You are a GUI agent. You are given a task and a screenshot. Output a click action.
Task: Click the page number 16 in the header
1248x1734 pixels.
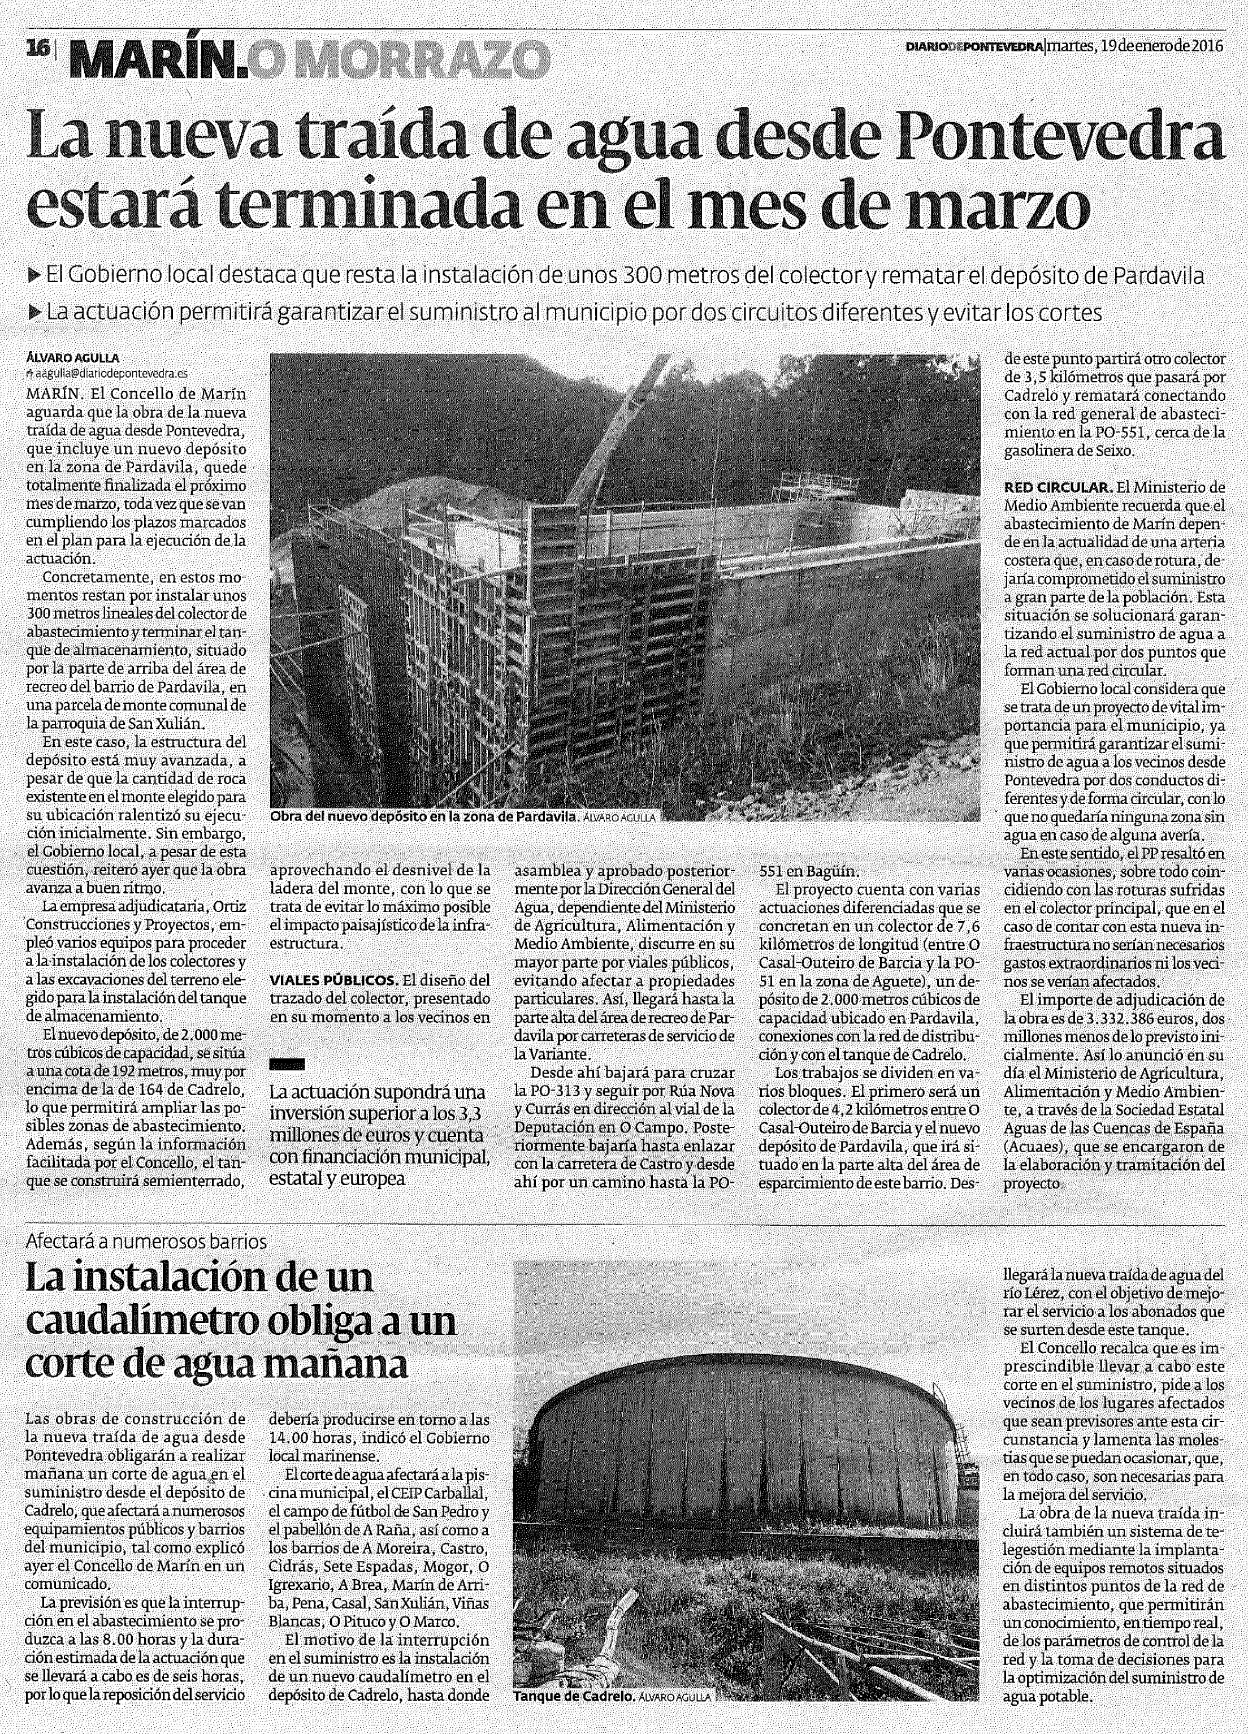[x=36, y=47]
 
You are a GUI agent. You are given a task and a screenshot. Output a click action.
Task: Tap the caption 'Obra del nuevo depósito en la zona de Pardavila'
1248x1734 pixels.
[x=423, y=818]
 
